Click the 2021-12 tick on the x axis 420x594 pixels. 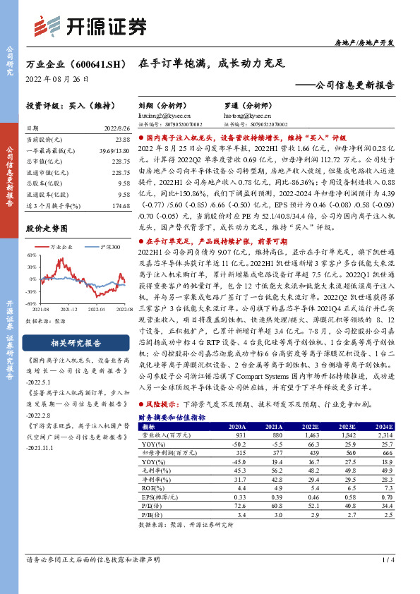click(69, 309)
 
